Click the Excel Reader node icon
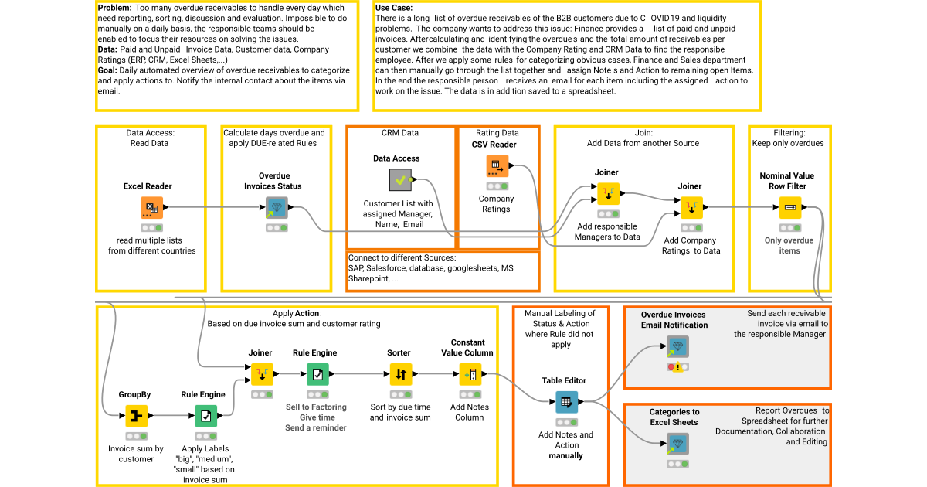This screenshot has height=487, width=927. click(151, 207)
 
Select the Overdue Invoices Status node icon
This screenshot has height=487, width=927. click(275, 207)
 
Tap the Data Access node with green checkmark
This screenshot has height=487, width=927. click(399, 180)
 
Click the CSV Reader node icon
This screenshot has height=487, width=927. click(497, 165)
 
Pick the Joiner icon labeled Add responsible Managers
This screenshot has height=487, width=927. click(608, 193)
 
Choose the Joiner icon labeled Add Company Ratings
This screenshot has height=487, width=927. click(691, 207)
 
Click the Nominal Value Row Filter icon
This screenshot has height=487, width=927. click(789, 207)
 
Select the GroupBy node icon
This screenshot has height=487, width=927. click(136, 417)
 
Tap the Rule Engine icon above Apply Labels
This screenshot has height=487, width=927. click(205, 417)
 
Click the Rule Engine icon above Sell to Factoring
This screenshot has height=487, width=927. click(317, 374)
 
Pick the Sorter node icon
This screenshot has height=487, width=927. click(399, 374)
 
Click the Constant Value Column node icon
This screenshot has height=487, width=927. click(470, 374)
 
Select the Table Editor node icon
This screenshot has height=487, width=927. click(566, 402)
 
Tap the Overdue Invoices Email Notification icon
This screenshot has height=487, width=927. click(677, 346)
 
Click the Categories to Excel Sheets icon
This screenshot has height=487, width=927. click(677, 444)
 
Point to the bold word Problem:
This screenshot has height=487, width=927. click(115, 7)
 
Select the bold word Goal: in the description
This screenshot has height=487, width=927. click(107, 70)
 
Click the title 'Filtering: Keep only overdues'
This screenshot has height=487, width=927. click(787, 138)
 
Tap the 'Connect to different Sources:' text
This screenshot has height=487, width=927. click(402, 257)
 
